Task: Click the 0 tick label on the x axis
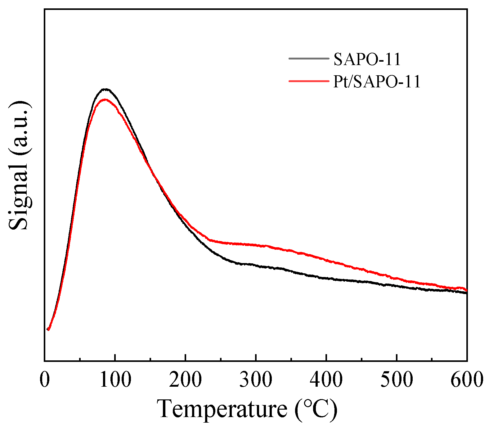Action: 45,380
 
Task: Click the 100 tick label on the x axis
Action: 115,380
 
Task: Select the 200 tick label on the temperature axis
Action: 186,380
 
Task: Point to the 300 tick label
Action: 256,380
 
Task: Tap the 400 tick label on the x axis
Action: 326,380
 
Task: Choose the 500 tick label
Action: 397,380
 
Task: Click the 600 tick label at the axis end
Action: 467,380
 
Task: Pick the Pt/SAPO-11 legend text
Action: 377,82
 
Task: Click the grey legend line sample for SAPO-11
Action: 308,58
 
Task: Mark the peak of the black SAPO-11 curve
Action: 106,89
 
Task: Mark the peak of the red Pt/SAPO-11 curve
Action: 105,100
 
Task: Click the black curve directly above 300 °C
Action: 256,265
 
